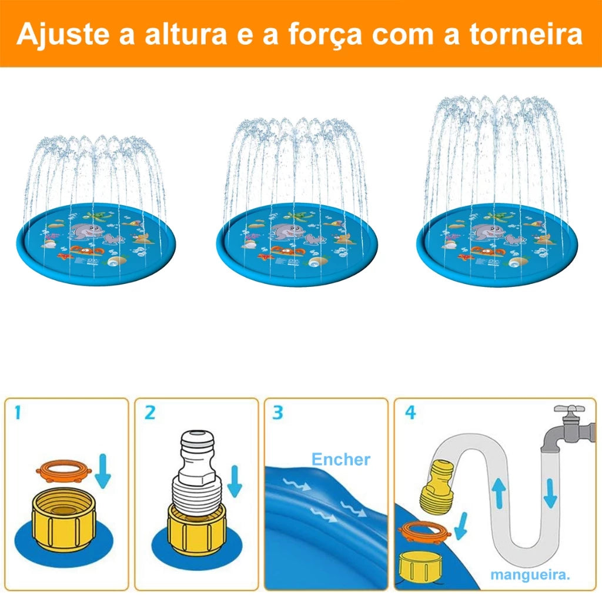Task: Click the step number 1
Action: pos(17,413)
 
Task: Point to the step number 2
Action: pos(150,413)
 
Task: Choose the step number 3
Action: pos(277,413)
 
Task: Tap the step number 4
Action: pos(410,413)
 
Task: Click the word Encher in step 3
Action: pos(341,459)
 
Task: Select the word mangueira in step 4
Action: pos(530,575)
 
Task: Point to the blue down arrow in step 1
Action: pos(102,471)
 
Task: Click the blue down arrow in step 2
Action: pos(234,482)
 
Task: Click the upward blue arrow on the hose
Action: pos(499,493)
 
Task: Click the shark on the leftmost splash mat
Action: pos(86,232)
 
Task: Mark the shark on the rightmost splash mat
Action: pos(487,232)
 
